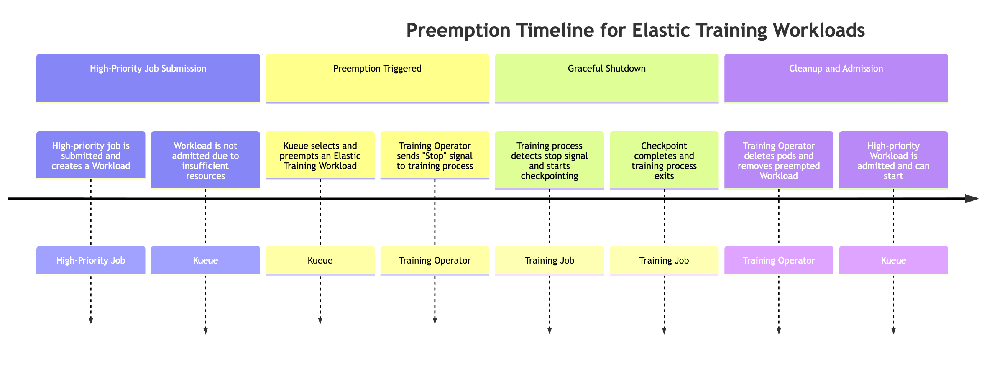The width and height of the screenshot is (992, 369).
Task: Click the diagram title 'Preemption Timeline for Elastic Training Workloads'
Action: (635, 31)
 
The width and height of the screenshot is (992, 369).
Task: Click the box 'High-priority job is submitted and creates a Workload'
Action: (91, 156)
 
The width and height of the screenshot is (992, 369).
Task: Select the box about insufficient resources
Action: (205, 161)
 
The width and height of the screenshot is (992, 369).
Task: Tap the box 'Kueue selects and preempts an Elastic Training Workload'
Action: (320, 156)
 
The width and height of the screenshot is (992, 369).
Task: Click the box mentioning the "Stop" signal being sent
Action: (435, 156)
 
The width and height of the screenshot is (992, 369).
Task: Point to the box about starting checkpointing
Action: (549, 161)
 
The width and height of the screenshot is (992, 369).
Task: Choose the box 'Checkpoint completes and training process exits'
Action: (664, 161)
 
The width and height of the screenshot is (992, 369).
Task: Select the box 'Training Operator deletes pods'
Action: (778, 161)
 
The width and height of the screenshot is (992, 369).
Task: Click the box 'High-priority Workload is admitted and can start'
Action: (893, 161)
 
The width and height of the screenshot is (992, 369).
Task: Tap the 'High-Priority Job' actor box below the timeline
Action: (91, 260)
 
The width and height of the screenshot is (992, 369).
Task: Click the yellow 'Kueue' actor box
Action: (320, 260)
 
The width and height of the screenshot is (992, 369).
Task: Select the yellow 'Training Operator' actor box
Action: (435, 260)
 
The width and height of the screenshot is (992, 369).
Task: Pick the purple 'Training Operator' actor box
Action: (778, 260)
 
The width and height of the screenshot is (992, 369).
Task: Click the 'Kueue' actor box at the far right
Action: (893, 260)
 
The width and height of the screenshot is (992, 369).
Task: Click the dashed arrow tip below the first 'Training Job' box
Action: (549, 331)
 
